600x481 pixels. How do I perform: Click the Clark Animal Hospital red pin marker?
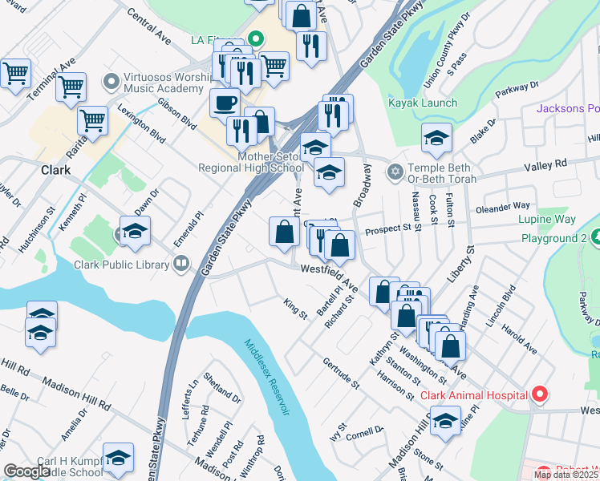click(x=540, y=394)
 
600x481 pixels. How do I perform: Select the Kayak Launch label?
click(x=423, y=103)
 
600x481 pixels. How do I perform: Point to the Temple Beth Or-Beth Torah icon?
click(x=394, y=172)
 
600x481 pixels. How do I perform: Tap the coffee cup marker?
click(x=225, y=103)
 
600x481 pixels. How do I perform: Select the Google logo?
click(x=26, y=471)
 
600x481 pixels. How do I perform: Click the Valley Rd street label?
click(x=545, y=163)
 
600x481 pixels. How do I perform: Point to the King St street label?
click(x=295, y=309)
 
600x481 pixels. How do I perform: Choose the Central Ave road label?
click(x=149, y=28)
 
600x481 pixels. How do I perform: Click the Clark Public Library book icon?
click(x=182, y=264)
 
